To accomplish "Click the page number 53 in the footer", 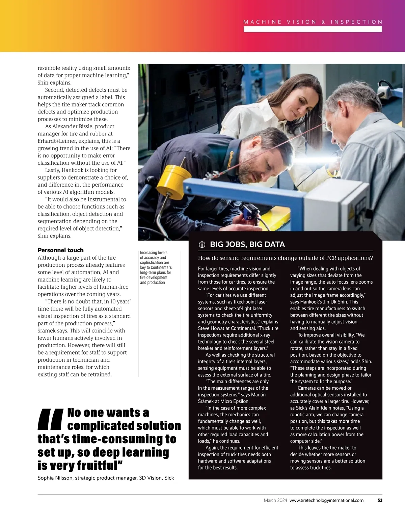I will coord(380,500).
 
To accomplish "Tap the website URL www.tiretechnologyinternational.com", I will coord(326,500).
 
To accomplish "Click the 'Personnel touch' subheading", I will coord(60,250).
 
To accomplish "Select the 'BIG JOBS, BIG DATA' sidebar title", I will coord(247,245).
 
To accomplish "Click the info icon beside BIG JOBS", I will coord(202,245).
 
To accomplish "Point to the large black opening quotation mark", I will coord(51,419).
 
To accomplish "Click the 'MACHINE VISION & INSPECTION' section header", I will coord(313,22).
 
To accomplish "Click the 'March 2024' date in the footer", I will coord(275,500).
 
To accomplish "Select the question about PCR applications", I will coord(285,258).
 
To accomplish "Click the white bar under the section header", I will coord(313,29).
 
